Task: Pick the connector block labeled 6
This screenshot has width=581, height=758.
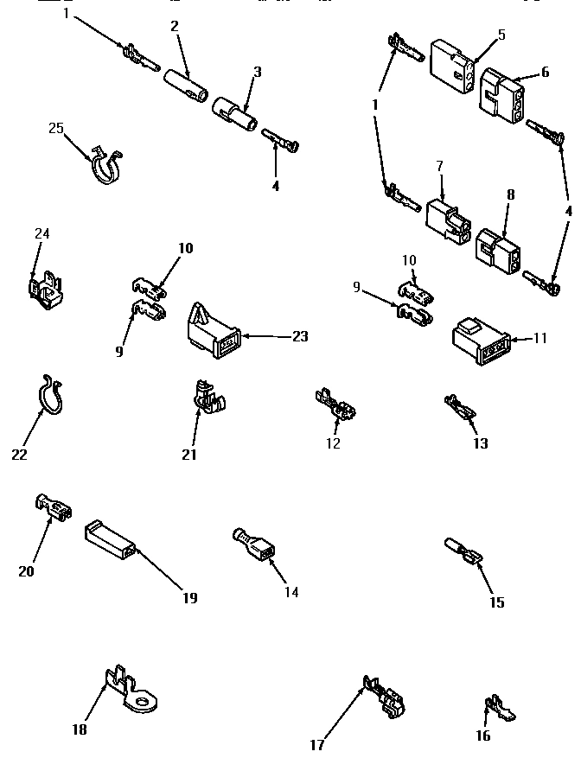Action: [x=501, y=95]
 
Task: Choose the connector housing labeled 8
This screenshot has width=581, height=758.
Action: [x=497, y=251]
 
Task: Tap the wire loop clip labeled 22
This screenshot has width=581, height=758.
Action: [x=50, y=399]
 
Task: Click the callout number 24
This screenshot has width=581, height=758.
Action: [x=42, y=234]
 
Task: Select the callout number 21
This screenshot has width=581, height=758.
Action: [x=189, y=455]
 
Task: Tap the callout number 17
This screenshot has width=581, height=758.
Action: [x=317, y=745]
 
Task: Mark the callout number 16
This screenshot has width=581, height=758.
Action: [x=483, y=736]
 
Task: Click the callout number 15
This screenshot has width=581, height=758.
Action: [x=496, y=602]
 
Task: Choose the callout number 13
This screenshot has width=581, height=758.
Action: [x=480, y=443]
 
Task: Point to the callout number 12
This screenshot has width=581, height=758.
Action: [x=333, y=443]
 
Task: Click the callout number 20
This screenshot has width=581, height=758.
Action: [x=25, y=570]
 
